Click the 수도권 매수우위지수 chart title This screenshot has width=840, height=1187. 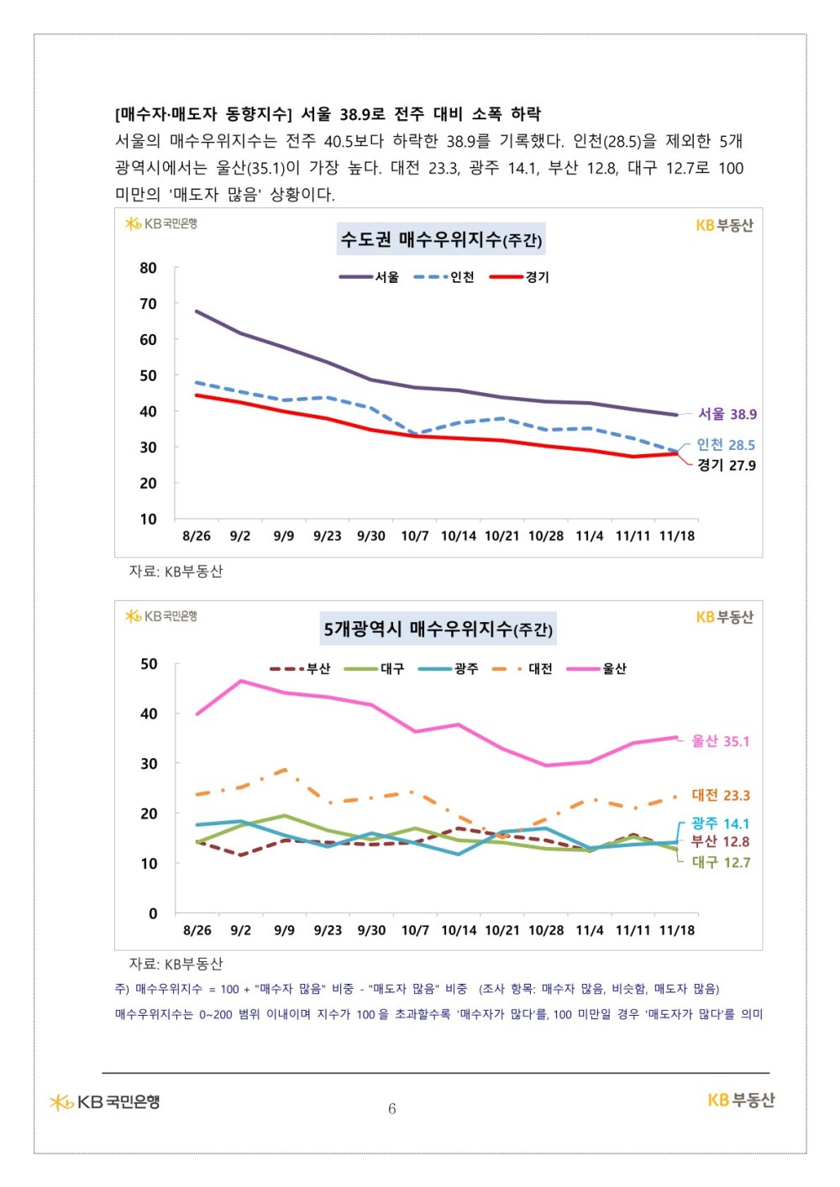pos(441,239)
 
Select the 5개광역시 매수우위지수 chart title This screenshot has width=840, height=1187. pos(438,629)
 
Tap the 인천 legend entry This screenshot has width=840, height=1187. pos(444,277)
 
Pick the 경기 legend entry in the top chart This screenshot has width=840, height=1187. pos(519,277)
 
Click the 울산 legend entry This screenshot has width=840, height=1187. pos(596,668)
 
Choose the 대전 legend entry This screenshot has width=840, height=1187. pos(522,668)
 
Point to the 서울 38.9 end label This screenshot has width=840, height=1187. pos(727,414)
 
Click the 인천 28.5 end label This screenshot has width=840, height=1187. pos(726,445)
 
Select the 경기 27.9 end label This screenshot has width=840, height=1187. pos(727,465)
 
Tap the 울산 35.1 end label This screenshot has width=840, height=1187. pos(720,740)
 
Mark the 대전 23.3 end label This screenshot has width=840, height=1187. pos(721,795)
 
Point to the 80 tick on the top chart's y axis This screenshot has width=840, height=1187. pos(149,268)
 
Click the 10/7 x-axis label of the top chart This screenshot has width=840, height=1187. pos(415,536)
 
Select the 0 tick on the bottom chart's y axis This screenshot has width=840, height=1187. pos(153,913)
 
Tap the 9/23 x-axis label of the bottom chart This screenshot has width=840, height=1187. pos(328,930)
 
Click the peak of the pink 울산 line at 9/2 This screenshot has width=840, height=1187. pos(241,681)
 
